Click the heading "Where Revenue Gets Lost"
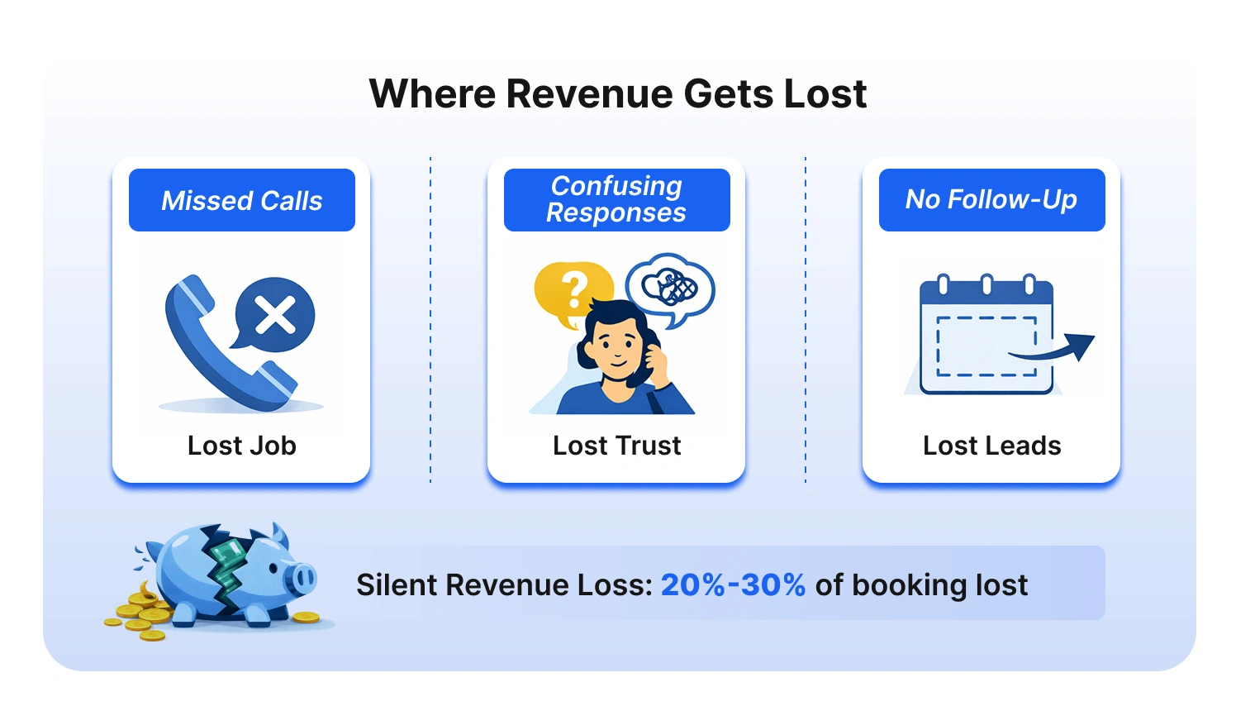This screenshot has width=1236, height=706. point(617,93)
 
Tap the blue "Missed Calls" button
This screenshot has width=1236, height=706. point(241,200)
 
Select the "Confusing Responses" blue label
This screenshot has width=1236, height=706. point(616,199)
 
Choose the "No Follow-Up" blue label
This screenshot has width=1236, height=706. point(991,199)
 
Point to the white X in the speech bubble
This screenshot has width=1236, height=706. point(275,315)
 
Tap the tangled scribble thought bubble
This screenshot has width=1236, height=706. point(671,287)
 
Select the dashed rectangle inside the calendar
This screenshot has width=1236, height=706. point(986,346)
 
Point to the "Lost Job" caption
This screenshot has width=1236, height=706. point(241,446)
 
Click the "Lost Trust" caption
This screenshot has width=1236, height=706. point(616,446)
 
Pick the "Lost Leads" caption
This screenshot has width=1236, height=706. point(991,446)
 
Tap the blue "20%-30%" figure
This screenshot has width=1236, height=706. point(733,584)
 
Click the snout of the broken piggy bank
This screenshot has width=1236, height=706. point(303,576)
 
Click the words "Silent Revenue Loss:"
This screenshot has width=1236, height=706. point(504,584)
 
